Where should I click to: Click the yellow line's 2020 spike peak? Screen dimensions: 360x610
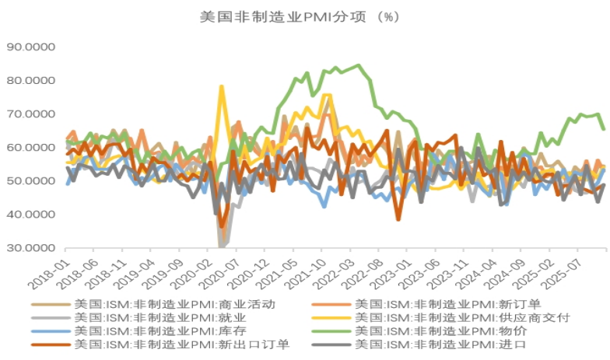coord(221,86)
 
